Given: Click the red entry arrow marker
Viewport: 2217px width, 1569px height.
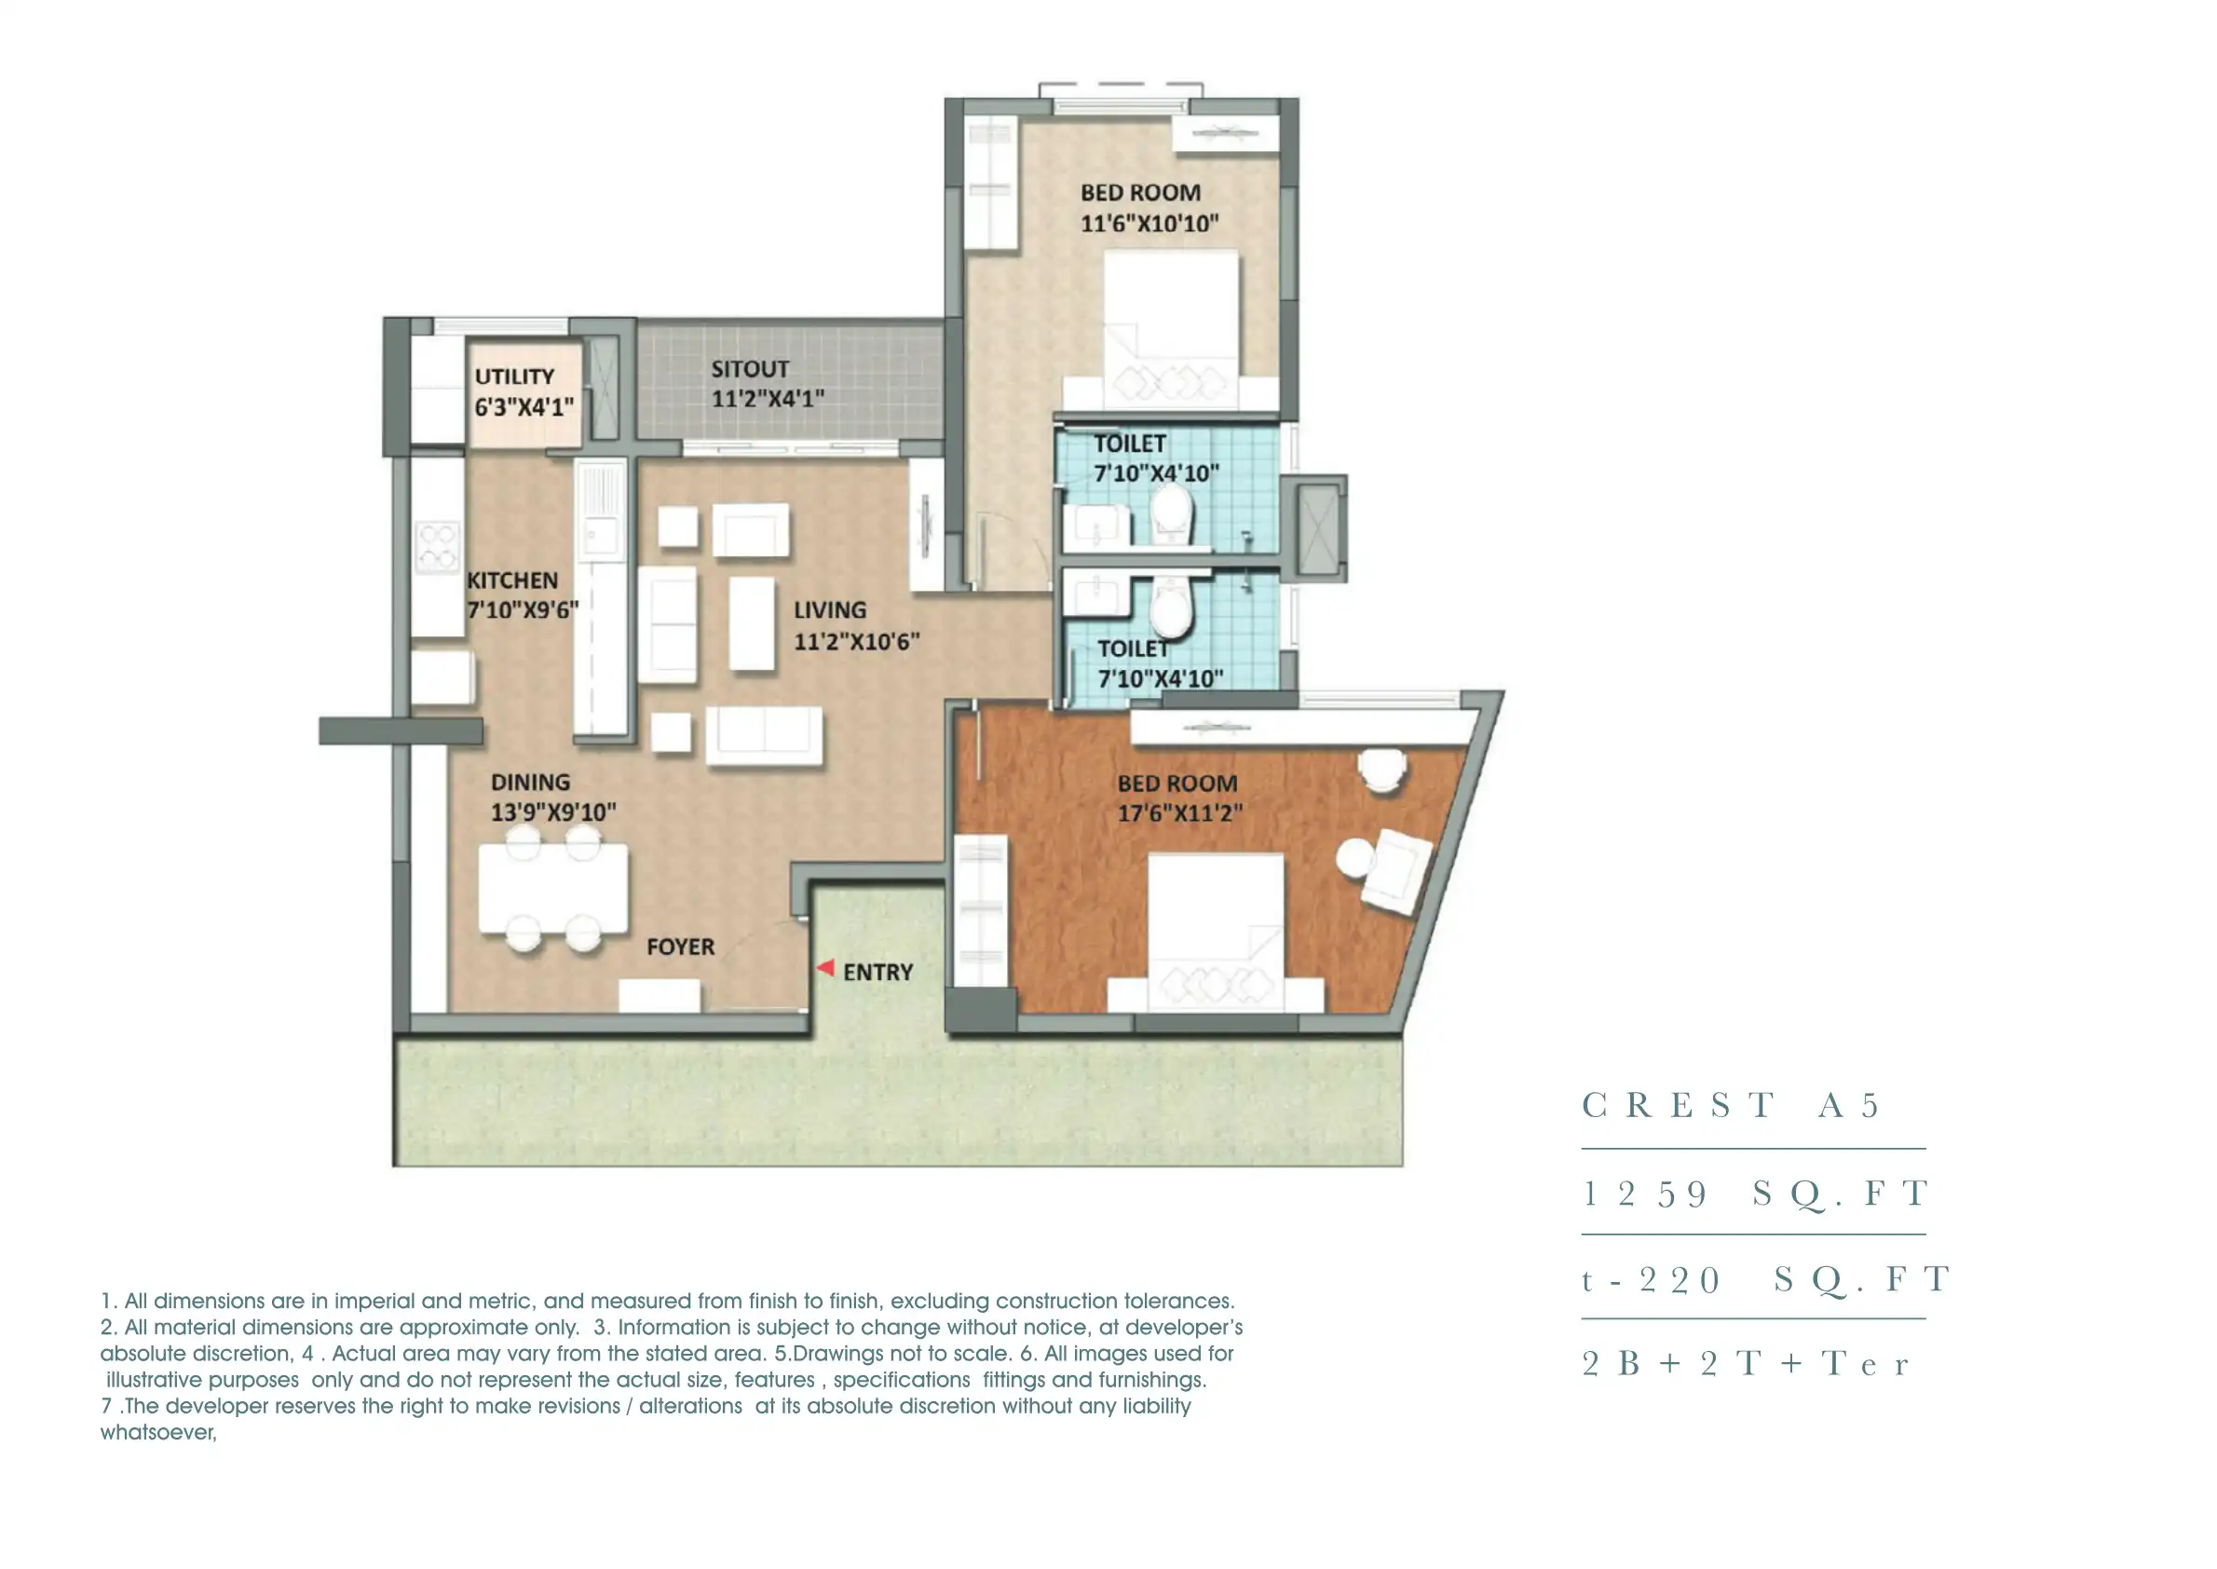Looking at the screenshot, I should point(825,967).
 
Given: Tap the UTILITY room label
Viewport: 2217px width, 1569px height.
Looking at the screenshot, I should point(514,375).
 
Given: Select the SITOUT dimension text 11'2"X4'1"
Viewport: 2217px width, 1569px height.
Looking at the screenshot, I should point(767,399).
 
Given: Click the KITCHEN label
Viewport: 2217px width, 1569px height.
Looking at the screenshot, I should point(512,580).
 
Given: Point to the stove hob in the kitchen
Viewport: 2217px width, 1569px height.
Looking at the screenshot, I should point(437,547).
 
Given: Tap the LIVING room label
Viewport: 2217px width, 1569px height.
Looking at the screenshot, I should point(830,609).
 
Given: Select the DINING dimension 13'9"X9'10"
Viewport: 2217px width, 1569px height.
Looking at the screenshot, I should point(552,812).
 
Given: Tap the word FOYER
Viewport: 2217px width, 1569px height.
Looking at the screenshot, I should point(680,947).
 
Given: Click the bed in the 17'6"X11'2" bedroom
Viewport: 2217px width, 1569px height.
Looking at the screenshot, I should point(1216,927).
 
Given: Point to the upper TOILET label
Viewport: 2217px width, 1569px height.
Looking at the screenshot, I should point(1129,443).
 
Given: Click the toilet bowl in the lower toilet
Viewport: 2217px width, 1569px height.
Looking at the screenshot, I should point(1171,608).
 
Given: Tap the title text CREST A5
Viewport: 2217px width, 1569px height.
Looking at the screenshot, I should point(1729,1104).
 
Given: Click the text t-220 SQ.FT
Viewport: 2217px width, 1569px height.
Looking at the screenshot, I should point(1764,1279).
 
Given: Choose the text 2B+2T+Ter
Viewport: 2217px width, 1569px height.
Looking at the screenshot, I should point(1745,1363).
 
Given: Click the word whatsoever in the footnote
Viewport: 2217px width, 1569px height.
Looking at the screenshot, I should point(157,1433).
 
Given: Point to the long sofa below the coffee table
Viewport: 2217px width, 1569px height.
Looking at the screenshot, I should point(763,735).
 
